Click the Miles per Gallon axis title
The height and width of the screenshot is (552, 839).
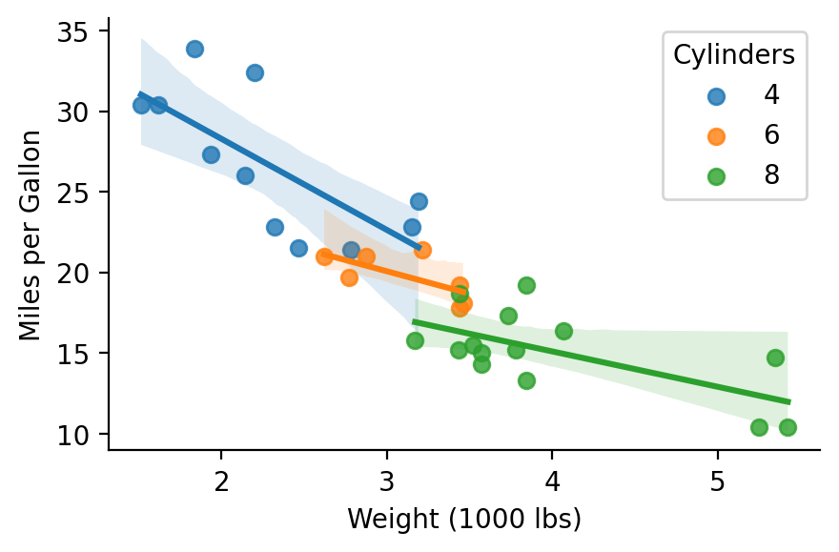click(x=31, y=234)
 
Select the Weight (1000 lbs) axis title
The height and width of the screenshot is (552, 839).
click(x=463, y=520)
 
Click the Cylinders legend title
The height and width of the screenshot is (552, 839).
click(x=734, y=55)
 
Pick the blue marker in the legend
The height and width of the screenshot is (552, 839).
click(x=716, y=94)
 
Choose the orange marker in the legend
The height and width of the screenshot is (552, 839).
click(x=716, y=135)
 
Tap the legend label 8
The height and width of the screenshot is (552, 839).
click(x=771, y=175)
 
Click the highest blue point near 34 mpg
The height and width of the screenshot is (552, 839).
click(x=194, y=49)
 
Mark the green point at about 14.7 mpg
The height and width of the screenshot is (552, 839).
click(x=775, y=358)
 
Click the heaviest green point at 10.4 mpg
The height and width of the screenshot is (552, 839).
click(x=788, y=427)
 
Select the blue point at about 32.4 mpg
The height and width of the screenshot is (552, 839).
click(x=255, y=72)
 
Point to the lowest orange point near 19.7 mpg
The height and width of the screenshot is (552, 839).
click(x=349, y=277)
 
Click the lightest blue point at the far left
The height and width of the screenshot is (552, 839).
click(x=141, y=105)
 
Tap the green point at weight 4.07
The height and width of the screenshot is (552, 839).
click(x=563, y=331)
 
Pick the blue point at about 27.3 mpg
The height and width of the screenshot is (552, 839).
click(x=211, y=154)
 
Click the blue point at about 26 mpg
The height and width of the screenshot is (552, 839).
click(x=245, y=175)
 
